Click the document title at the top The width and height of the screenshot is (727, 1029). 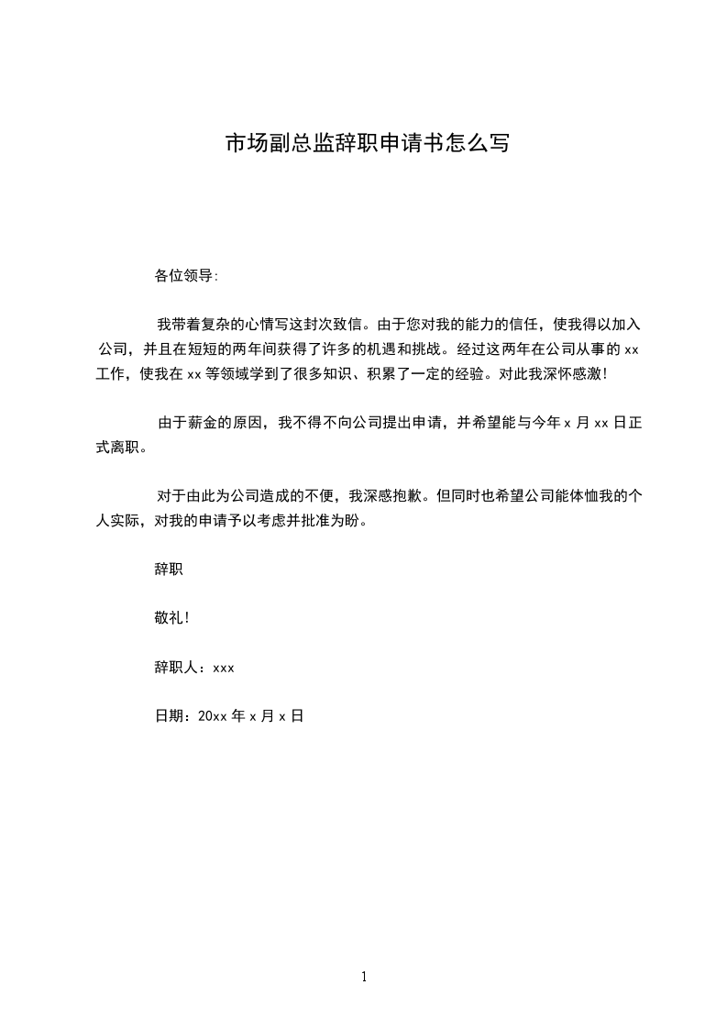(x=367, y=144)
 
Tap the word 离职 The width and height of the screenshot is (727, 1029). (x=127, y=448)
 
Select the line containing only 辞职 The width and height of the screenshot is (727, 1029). (x=169, y=570)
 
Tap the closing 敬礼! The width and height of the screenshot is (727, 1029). (x=172, y=618)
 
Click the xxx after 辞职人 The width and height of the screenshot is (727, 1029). (x=224, y=668)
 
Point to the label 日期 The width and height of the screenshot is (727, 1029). (x=171, y=716)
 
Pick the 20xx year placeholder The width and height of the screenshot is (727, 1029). (x=212, y=716)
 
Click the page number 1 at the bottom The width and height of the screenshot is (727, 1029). (x=364, y=977)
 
